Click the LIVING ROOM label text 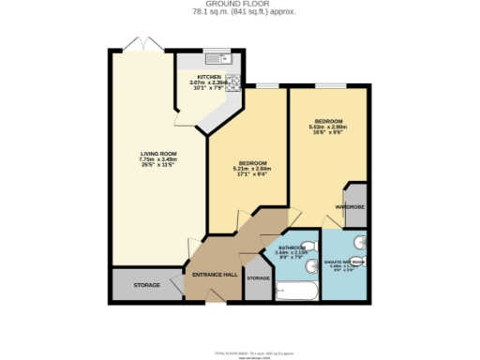pos(157,154)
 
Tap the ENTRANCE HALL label pos(214,275)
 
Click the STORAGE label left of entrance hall pos(145,284)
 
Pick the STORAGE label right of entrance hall pos(258,278)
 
